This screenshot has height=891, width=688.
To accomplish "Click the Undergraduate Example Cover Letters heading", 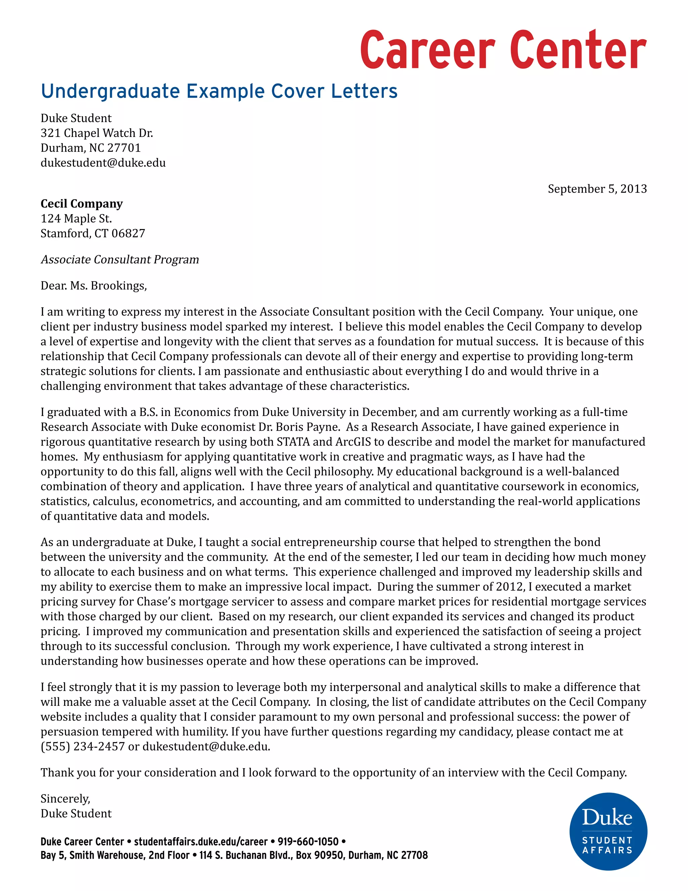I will (x=219, y=91).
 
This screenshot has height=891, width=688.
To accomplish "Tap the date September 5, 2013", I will (x=597, y=189).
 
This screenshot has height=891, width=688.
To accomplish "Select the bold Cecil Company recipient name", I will (x=82, y=203).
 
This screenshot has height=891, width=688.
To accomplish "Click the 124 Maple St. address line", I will (x=76, y=219).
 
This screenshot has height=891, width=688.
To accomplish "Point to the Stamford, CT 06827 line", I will (x=93, y=233).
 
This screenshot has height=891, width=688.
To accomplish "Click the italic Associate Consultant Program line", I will (x=120, y=260).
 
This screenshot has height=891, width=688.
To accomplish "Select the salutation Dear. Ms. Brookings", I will (x=93, y=285).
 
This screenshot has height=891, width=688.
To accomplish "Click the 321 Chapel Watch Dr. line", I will (x=97, y=133).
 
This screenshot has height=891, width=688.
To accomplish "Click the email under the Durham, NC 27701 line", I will (x=103, y=163).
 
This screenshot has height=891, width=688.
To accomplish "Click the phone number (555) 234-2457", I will (x=83, y=746).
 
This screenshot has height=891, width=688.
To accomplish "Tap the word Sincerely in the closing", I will (x=65, y=799).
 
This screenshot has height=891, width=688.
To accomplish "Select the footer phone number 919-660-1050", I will (x=308, y=842).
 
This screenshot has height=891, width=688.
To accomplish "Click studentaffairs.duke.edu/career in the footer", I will (x=201, y=842).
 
